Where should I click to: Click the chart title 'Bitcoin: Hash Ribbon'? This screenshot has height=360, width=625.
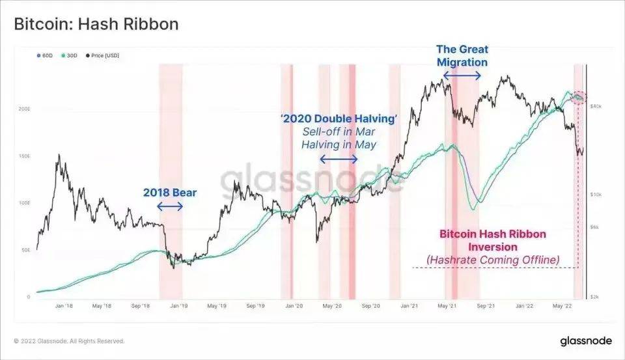(x=96, y=24)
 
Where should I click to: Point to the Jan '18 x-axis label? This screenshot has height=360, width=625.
(x=63, y=305)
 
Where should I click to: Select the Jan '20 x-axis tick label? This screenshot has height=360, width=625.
(x=295, y=305)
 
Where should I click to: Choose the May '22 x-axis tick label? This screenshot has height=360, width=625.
(x=562, y=305)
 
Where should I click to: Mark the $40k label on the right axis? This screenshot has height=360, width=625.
(x=596, y=105)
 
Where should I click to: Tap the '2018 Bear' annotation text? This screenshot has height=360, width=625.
(x=170, y=193)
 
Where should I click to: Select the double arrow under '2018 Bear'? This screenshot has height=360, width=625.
(x=170, y=206)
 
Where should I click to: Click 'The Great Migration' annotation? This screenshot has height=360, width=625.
(x=462, y=55)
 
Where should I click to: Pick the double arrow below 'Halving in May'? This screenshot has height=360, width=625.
(x=339, y=159)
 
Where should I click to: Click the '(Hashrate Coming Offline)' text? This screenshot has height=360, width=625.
(x=493, y=260)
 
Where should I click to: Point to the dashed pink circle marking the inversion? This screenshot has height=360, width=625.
(x=577, y=97)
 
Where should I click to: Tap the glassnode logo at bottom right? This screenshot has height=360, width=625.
(x=584, y=341)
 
